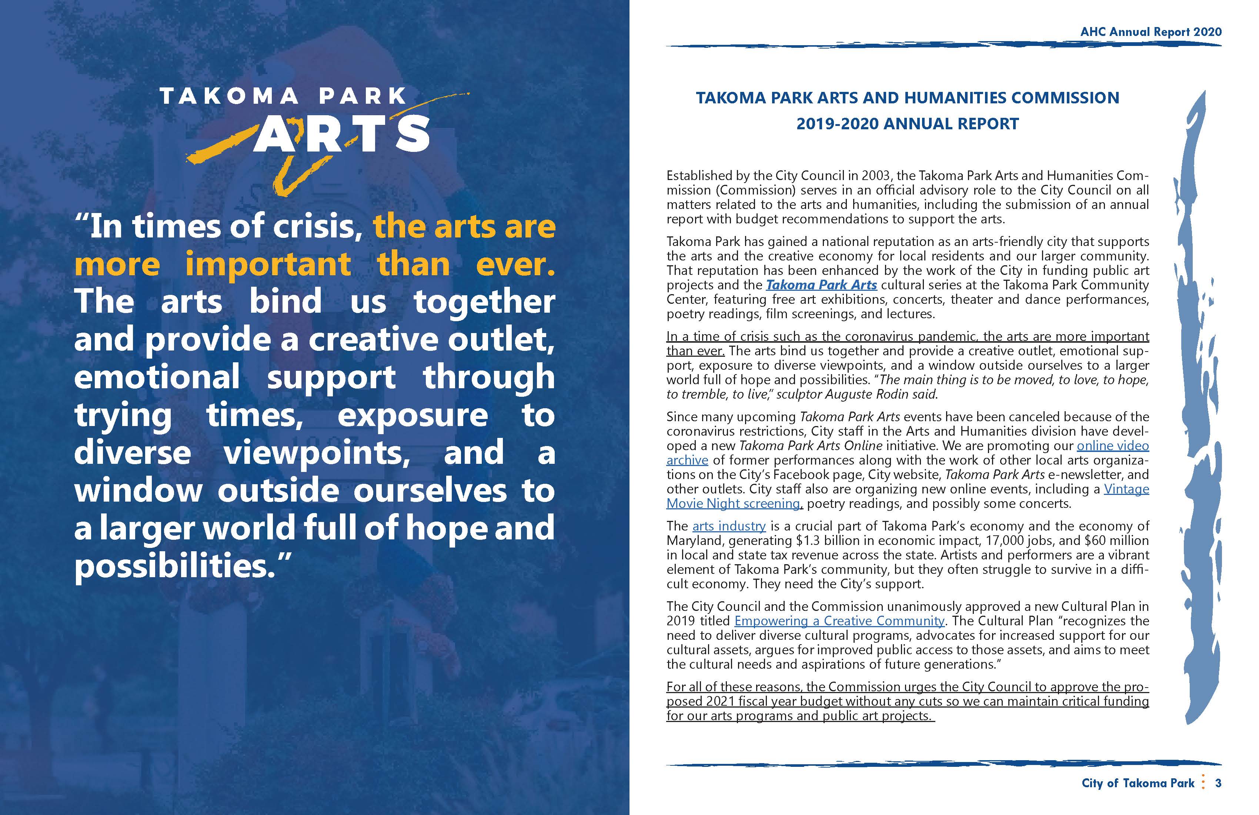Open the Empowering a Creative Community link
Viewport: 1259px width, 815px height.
839,621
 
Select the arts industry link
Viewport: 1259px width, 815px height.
728,526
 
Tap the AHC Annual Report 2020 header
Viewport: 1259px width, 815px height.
1151,32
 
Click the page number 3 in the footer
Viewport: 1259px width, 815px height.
1218,783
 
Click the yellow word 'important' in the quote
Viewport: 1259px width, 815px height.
268,263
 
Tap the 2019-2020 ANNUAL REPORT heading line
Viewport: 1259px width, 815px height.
907,124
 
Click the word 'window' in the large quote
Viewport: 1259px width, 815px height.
138,490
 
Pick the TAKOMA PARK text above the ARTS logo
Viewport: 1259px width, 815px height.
283,96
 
